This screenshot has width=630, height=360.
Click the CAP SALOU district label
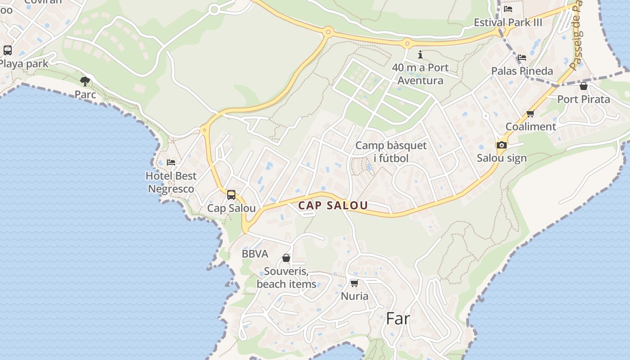tap(333, 206)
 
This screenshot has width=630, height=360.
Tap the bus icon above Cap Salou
tap(231, 195)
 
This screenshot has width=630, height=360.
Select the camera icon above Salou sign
tap(501, 145)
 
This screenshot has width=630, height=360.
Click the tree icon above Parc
tap(85, 81)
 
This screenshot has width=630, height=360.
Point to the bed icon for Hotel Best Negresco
tap(171, 162)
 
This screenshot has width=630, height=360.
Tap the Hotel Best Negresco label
tap(171, 182)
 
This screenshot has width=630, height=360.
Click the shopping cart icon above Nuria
tap(354, 283)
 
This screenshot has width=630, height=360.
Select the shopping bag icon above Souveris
tap(286, 258)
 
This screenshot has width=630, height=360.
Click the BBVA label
tap(255, 254)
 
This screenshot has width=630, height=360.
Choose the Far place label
tap(398, 319)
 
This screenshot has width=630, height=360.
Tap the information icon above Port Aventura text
tap(420, 55)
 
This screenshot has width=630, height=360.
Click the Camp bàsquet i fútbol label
tap(391, 152)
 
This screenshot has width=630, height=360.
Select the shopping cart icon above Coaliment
tap(531, 113)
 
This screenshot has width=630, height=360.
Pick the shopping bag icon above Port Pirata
tap(584, 86)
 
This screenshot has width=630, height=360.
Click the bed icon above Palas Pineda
tap(522, 58)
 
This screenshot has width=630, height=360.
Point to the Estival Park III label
tap(508, 22)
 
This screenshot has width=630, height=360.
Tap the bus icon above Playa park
tap(8, 50)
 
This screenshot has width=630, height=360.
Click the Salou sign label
tap(502, 158)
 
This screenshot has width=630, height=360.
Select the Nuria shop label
tap(355, 296)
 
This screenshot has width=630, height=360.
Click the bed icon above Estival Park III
tap(508, 9)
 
